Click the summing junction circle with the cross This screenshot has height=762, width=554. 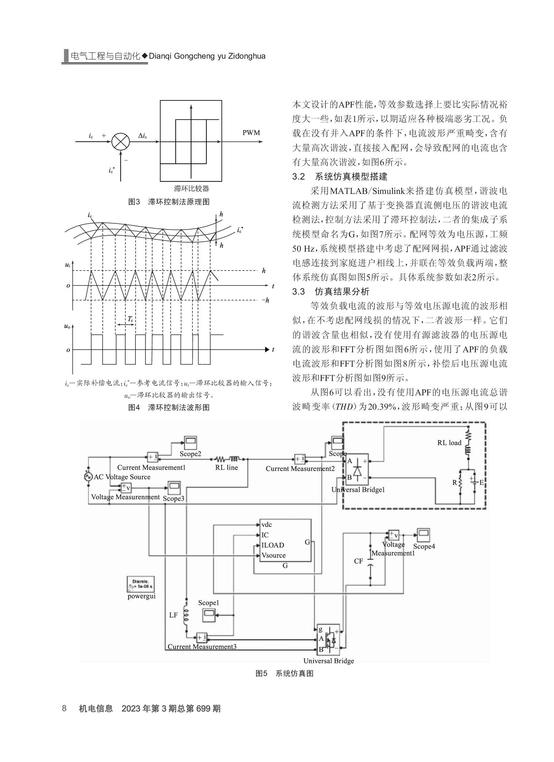120,141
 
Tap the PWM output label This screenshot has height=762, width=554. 251,133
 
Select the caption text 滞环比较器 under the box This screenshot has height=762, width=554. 192,188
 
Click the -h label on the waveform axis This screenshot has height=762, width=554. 265,300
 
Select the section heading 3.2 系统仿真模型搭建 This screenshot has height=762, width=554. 339,177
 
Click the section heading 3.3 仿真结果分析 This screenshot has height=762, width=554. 331,292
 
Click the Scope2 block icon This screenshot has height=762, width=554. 191,443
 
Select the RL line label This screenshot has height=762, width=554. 227,467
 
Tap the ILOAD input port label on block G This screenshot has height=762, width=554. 273,545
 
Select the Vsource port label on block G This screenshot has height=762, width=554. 274,555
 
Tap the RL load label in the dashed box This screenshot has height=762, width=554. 449,443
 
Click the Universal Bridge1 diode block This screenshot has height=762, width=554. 357,470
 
